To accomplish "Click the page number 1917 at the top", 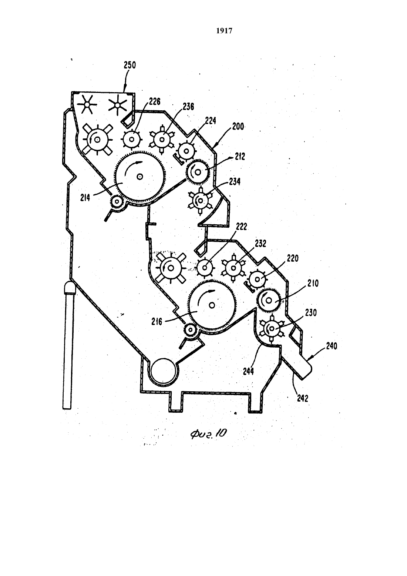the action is [x=224, y=31].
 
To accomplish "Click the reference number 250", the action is [x=130, y=65].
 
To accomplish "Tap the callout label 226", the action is [x=154, y=102].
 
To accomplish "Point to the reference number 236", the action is [x=188, y=107].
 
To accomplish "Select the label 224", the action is [x=211, y=121].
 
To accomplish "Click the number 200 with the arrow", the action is [x=238, y=127].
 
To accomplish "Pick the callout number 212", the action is [x=239, y=156].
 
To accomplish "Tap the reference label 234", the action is [x=235, y=182].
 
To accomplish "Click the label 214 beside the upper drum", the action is [x=85, y=198].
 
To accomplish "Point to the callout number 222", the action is [x=241, y=227].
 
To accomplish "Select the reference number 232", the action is [x=260, y=244].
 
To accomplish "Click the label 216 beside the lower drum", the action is [x=157, y=322].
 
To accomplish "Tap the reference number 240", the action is [x=332, y=346].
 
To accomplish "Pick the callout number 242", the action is [x=302, y=398].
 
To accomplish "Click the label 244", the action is [x=248, y=371].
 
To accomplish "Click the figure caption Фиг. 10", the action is [x=208, y=434].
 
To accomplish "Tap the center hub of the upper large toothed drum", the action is [x=140, y=177].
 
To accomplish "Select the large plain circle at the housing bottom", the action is [x=164, y=371].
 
